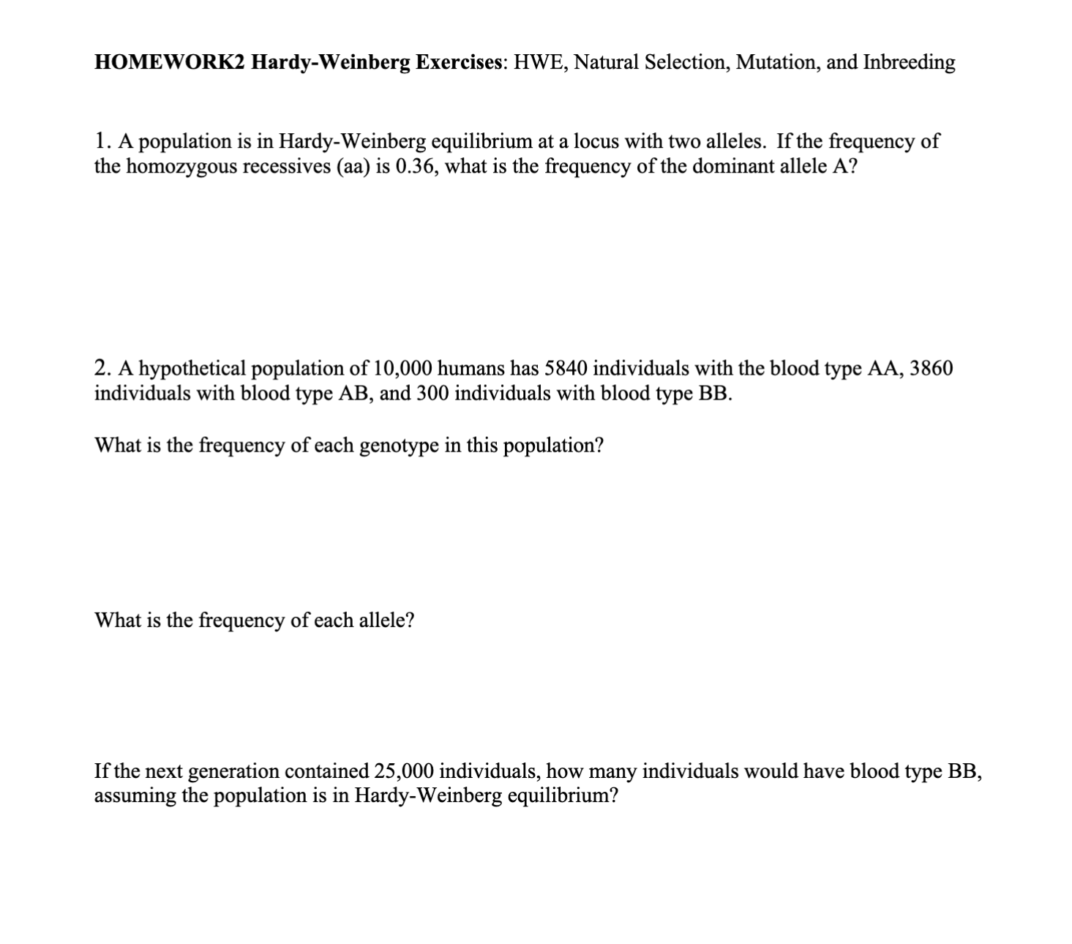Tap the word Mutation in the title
pyautogui.click(x=777, y=62)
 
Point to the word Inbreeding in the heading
pyautogui.click(x=909, y=62)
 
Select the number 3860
pyautogui.click(x=931, y=367)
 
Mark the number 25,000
pyautogui.click(x=404, y=771)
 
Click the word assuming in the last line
pyautogui.click(x=135, y=795)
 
